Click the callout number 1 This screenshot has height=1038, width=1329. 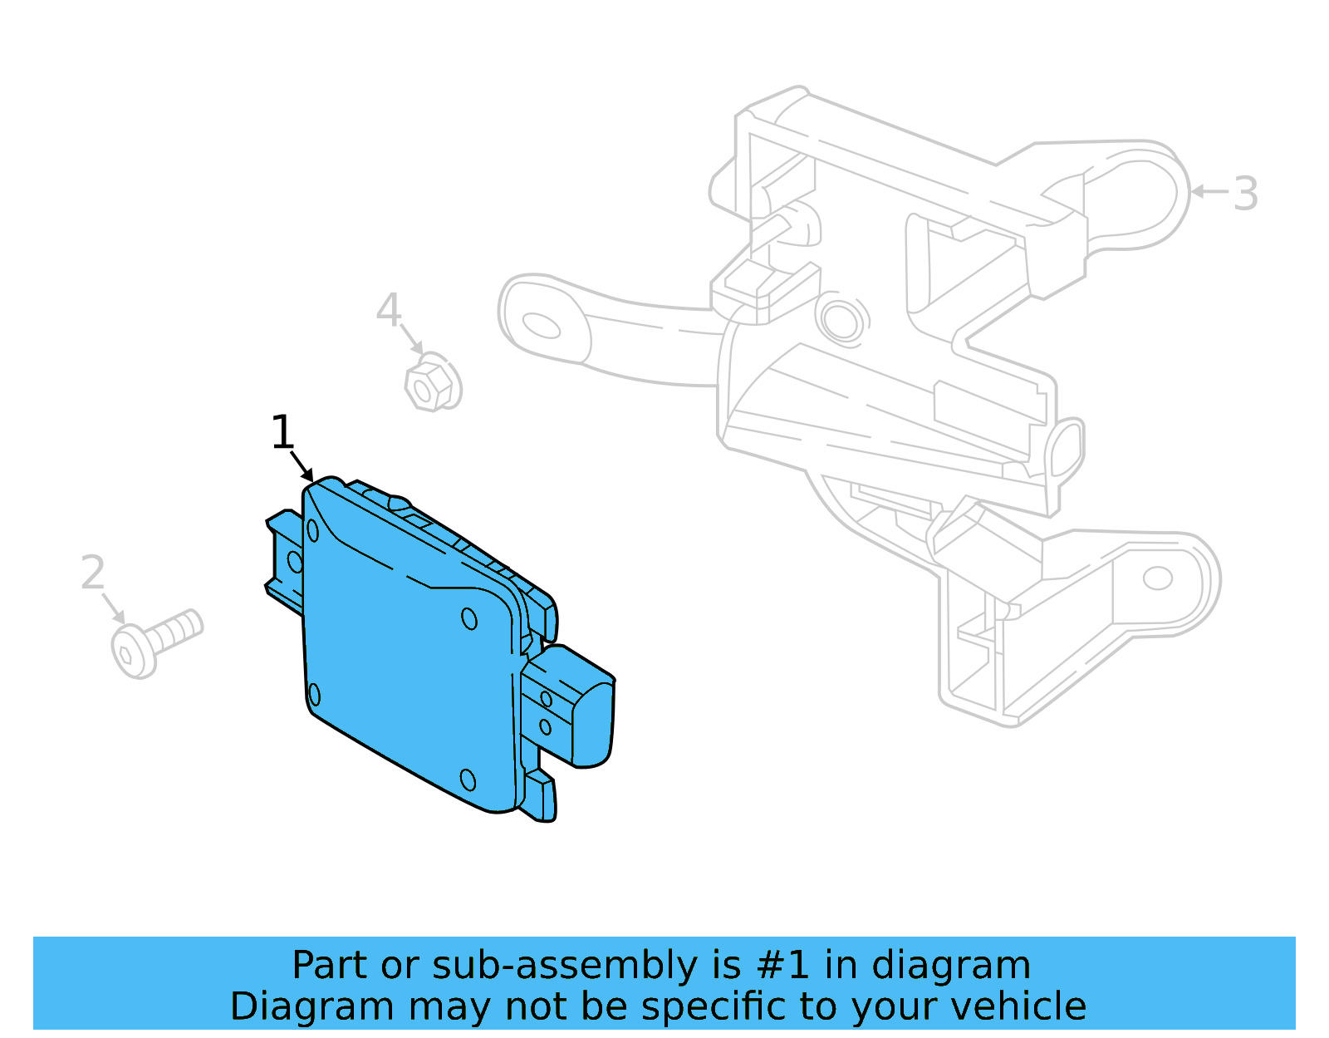pyautogui.click(x=282, y=433)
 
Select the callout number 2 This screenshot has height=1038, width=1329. pyautogui.click(x=93, y=573)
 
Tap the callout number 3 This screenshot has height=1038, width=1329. pyautogui.click(x=1244, y=194)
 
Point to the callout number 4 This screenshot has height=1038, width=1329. pyautogui.click(x=388, y=310)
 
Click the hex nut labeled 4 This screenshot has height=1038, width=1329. pyautogui.click(x=432, y=383)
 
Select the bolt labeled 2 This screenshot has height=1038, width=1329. pyautogui.click(x=156, y=642)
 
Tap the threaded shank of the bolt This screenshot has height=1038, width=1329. pyautogui.click(x=179, y=630)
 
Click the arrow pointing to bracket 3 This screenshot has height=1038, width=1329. pyautogui.click(x=1209, y=191)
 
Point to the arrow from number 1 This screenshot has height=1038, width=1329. pyautogui.click(x=302, y=467)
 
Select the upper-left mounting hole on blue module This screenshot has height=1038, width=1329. pyautogui.click(x=313, y=529)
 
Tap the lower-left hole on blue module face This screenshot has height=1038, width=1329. pyautogui.click(x=314, y=694)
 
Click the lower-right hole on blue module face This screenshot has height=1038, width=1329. pyautogui.click(x=468, y=780)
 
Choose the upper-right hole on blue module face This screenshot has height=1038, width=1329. pyautogui.click(x=469, y=619)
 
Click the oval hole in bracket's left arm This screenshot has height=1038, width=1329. pyautogui.click(x=541, y=325)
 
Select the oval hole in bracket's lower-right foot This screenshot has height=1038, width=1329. pyautogui.click(x=1157, y=578)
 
